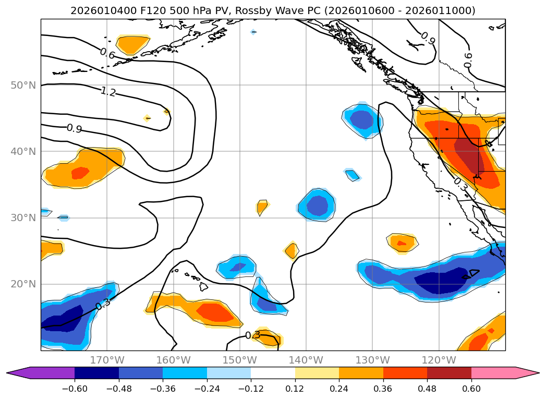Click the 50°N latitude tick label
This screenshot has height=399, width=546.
point(23,85)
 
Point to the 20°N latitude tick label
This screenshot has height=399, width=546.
point(23,284)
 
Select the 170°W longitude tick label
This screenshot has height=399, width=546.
point(107,360)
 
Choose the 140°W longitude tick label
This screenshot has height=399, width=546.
point(306,360)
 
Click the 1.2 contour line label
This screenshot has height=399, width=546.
point(108,92)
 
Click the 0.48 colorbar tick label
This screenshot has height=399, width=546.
point(427,389)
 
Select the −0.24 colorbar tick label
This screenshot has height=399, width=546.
point(207,389)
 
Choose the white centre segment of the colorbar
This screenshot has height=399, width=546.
point(273,373)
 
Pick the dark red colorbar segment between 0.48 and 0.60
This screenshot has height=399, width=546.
point(449,373)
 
